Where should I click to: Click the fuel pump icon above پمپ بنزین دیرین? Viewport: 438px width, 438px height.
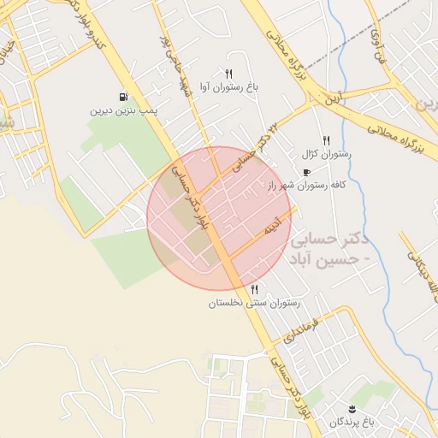pyautogui.click(x=125, y=97)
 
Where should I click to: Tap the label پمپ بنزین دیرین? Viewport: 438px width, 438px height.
pyautogui.click(x=125, y=111)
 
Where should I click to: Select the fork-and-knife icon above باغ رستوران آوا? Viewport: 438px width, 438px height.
pyautogui.click(x=228, y=74)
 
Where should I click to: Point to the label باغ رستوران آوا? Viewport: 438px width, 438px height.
pyautogui.click(x=228, y=87)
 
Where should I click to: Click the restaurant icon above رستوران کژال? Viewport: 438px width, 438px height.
pyautogui.click(x=326, y=140)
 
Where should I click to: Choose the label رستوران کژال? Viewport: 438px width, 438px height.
pyautogui.click(x=321, y=155)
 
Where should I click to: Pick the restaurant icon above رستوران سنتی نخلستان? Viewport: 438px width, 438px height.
pyautogui.click(x=254, y=289)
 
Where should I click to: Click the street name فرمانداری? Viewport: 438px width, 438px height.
pyautogui.click(x=304, y=328)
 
